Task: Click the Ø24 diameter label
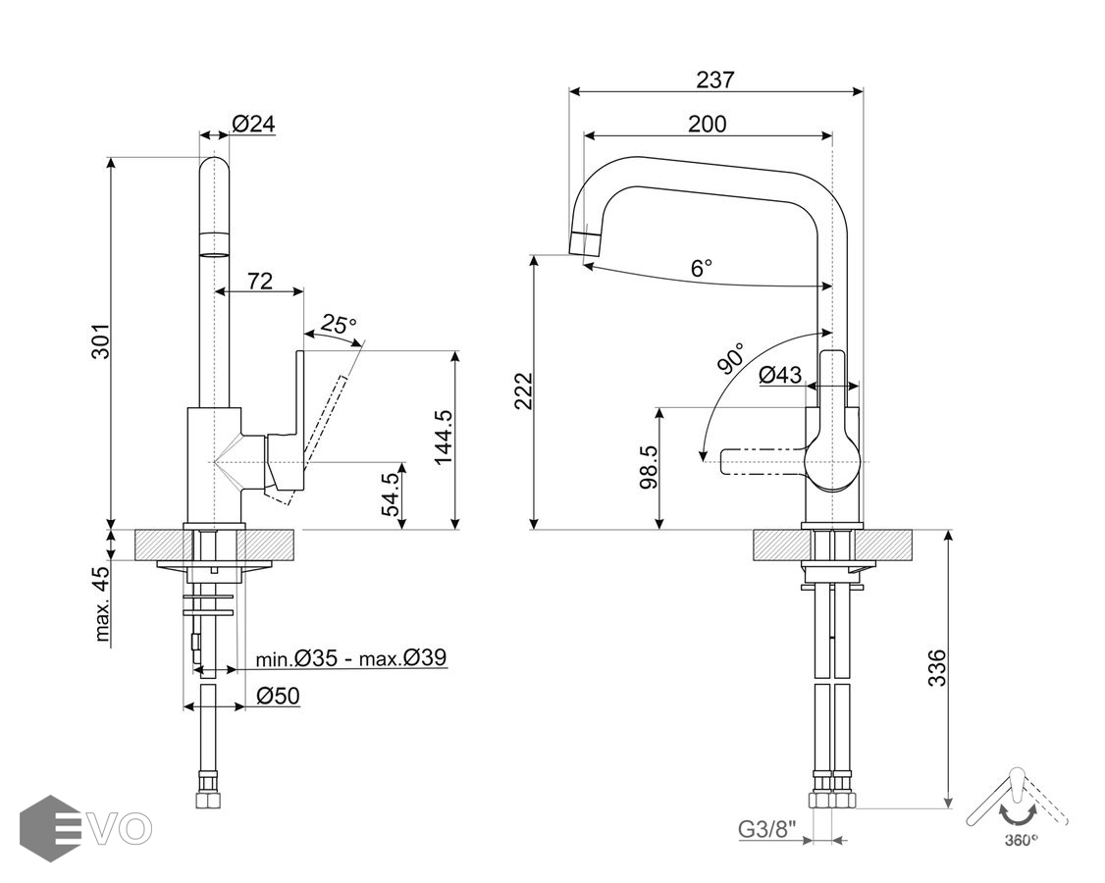(253, 124)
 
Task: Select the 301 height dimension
(102, 339)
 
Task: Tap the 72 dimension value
(259, 281)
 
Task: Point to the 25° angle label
(340, 324)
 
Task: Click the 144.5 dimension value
(444, 437)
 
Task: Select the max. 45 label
(103, 603)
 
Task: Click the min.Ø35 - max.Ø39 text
(351, 657)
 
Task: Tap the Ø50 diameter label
(278, 697)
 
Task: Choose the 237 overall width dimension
(714, 79)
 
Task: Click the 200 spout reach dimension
(707, 124)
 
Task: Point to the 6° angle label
(701, 268)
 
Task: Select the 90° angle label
(731, 358)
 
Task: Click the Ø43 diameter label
(780, 374)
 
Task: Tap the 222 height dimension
(523, 392)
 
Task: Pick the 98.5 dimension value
(649, 466)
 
